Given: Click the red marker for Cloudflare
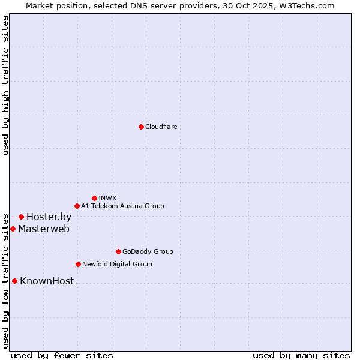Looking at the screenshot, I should click(x=141, y=127).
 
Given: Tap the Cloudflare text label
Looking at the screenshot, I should click(x=161, y=127).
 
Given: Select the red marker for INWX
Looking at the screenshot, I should click(x=94, y=198).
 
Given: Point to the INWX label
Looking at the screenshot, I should click(x=107, y=198).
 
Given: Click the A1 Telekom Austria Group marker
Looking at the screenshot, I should click(x=77, y=206).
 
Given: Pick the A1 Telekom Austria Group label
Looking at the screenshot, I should click(x=122, y=206).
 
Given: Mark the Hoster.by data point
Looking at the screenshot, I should click(x=21, y=217).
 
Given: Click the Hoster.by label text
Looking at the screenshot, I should click(x=49, y=217).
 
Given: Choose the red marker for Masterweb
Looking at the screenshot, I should click(x=13, y=229).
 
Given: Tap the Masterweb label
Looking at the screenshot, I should click(x=44, y=229).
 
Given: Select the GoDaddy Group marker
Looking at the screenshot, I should click(x=118, y=251).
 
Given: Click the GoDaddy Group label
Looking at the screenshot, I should click(x=148, y=251).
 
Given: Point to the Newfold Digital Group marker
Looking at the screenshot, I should click(x=78, y=264).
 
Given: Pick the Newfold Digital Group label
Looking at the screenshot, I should click(x=117, y=264).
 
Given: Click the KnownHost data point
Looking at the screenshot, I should click(x=14, y=281).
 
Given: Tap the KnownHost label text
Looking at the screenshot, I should click(x=47, y=281).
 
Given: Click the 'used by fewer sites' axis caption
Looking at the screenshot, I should click(x=62, y=355).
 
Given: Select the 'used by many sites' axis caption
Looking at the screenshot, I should click(x=301, y=355).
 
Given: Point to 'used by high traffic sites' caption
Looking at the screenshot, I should click(x=5, y=85).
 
